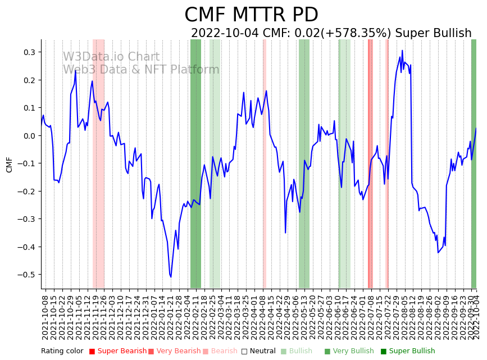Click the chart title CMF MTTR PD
pyautogui.click(x=251, y=15)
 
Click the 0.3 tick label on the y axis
pyautogui.click(x=28, y=52)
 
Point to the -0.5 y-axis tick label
pyautogui.click(x=26, y=275)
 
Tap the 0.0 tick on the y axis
pyautogui.click(x=28, y=136)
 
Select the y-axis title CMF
pyautogui.click(x=9, y=165)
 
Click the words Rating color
pyautogui.click(x=62, y=351)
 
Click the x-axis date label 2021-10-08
pyautogui.click(x=45, y=317)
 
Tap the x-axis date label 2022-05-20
pyautogui.click(x=313, y=317)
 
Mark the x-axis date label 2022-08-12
pyautogui.click(x=413, y=317)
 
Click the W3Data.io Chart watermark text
pyautogui.click(x=111, y=57)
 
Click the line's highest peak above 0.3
pyautogui.click(x=402, y=51)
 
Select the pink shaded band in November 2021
pyautogui.click(x=98, y=163)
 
